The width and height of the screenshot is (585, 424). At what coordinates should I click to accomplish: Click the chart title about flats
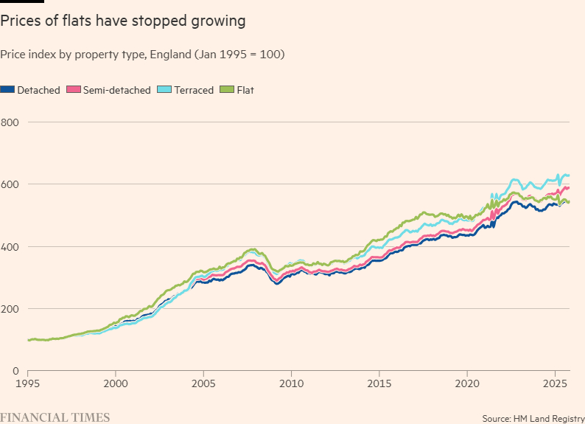point(123,21)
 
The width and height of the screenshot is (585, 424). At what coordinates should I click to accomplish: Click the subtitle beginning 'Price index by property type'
point(143,55)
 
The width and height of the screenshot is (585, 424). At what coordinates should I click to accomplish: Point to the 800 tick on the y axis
point(10,122)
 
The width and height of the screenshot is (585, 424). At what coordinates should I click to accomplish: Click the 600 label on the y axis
point(10,184)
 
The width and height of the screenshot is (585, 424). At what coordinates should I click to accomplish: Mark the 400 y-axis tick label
point(10,246)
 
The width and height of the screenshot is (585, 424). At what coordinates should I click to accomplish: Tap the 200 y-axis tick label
point(10,308)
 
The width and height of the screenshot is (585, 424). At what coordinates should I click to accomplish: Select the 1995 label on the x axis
point(28,384)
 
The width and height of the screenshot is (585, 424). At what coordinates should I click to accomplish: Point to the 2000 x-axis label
point(116,384)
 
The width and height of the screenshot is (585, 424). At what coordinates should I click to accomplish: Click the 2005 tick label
point(203,384)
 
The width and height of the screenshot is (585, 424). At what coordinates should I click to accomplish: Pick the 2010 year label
point(291,384)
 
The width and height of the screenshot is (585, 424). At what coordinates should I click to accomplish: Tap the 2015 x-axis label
point(379,384)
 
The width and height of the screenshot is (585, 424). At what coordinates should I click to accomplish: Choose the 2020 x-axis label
point(467,384)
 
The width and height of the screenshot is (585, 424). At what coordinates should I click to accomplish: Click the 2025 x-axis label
point(555,384)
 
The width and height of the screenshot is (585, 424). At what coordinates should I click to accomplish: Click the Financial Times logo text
point(55,417)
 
